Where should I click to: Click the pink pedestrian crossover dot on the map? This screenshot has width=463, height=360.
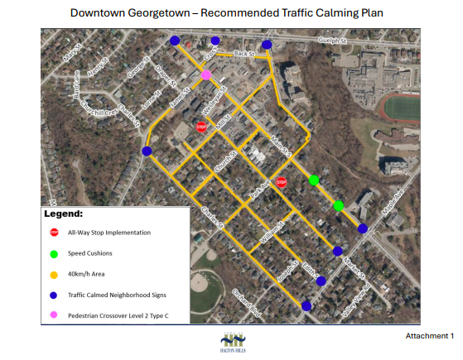coord(205,75)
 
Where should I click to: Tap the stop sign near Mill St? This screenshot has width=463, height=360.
coord(200,127)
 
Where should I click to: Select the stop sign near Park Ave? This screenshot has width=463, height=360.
coord(282,182)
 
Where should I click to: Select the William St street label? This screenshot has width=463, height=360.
coord(270,232)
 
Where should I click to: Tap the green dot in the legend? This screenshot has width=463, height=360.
coord(54,253)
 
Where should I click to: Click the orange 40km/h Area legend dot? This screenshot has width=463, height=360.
coord(54,274)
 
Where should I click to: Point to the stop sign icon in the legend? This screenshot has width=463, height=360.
coord(54,233)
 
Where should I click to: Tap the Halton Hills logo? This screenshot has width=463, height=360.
coord(231,341)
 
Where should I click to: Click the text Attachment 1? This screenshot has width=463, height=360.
coord(429,336)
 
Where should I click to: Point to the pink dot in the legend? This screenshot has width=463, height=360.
coord(54,315)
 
